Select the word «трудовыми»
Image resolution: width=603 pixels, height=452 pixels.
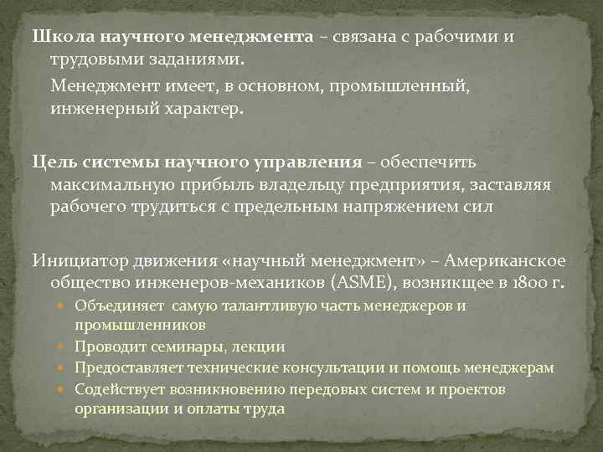coord(89,59)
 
